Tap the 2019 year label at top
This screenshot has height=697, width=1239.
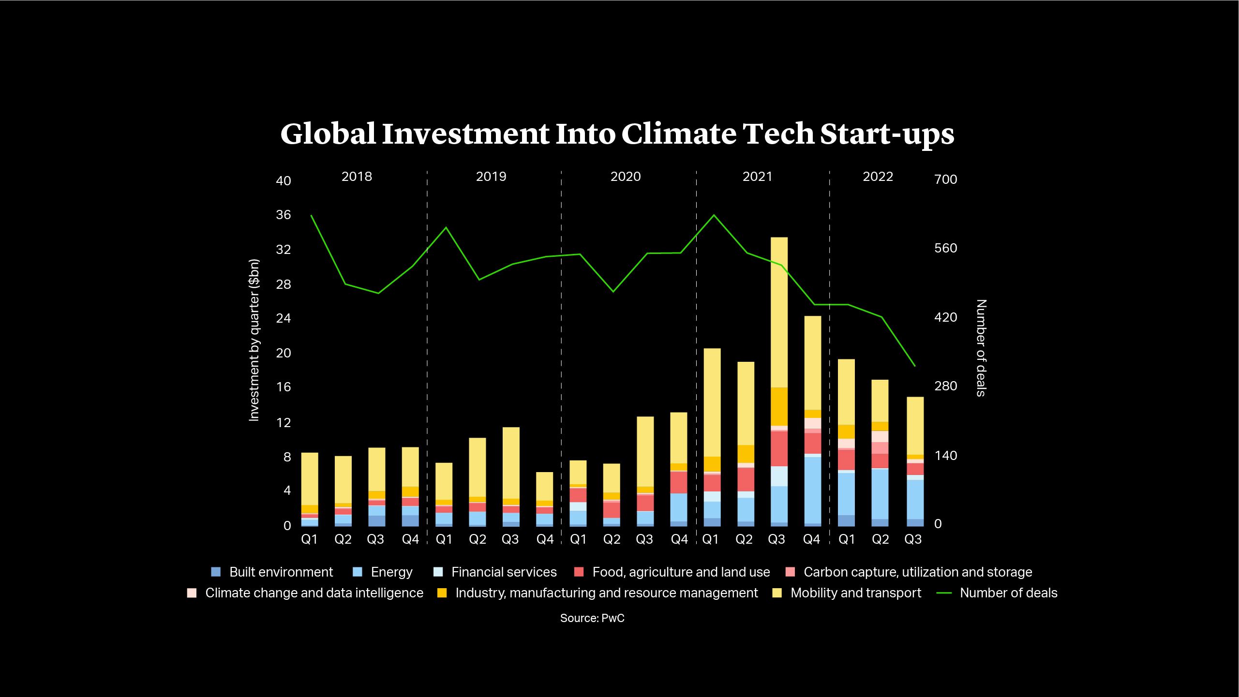click(x=491, y=177)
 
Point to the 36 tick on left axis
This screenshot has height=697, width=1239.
click(x=284, y=215)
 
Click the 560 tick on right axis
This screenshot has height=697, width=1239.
click(x=946, y=248)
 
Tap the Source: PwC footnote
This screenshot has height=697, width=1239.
click(x=592, y=618)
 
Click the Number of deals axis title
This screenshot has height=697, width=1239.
click(x=981, y=348)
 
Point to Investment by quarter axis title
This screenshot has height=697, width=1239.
click(x=254, y=340)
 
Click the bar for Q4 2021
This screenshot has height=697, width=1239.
click(x=813, y=421)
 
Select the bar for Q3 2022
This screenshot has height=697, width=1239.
click(x=915, y=461)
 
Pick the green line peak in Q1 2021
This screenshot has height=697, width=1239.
click(x=714, y=215)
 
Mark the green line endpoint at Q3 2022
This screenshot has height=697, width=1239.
click(x=915, y=366)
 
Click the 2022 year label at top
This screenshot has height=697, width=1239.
click(x=878, y=177)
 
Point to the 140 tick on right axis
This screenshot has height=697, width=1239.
click(x=946, y=455)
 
